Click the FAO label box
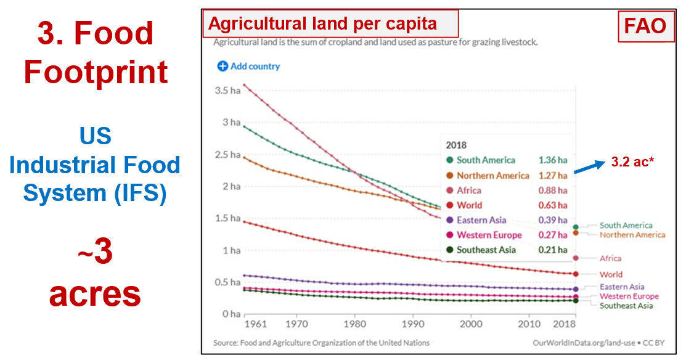[x=645, y=26]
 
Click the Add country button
[x=248, y=66]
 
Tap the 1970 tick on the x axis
[x=296, y=323]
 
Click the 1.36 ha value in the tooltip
[x=553, y=160]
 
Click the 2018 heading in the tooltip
[x=457, y=145]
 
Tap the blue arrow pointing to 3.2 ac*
[x=589, y=167]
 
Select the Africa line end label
[x=610, y=258]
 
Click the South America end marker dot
[x=576, y=227]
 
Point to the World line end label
[x=611, y=274]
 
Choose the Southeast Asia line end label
[x=626, y=306]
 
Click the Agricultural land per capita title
[x=323, y=24]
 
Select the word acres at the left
[x=95, y=294]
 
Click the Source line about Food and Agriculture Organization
[x=321, y=343]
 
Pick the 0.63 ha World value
[x=553, y=205]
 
